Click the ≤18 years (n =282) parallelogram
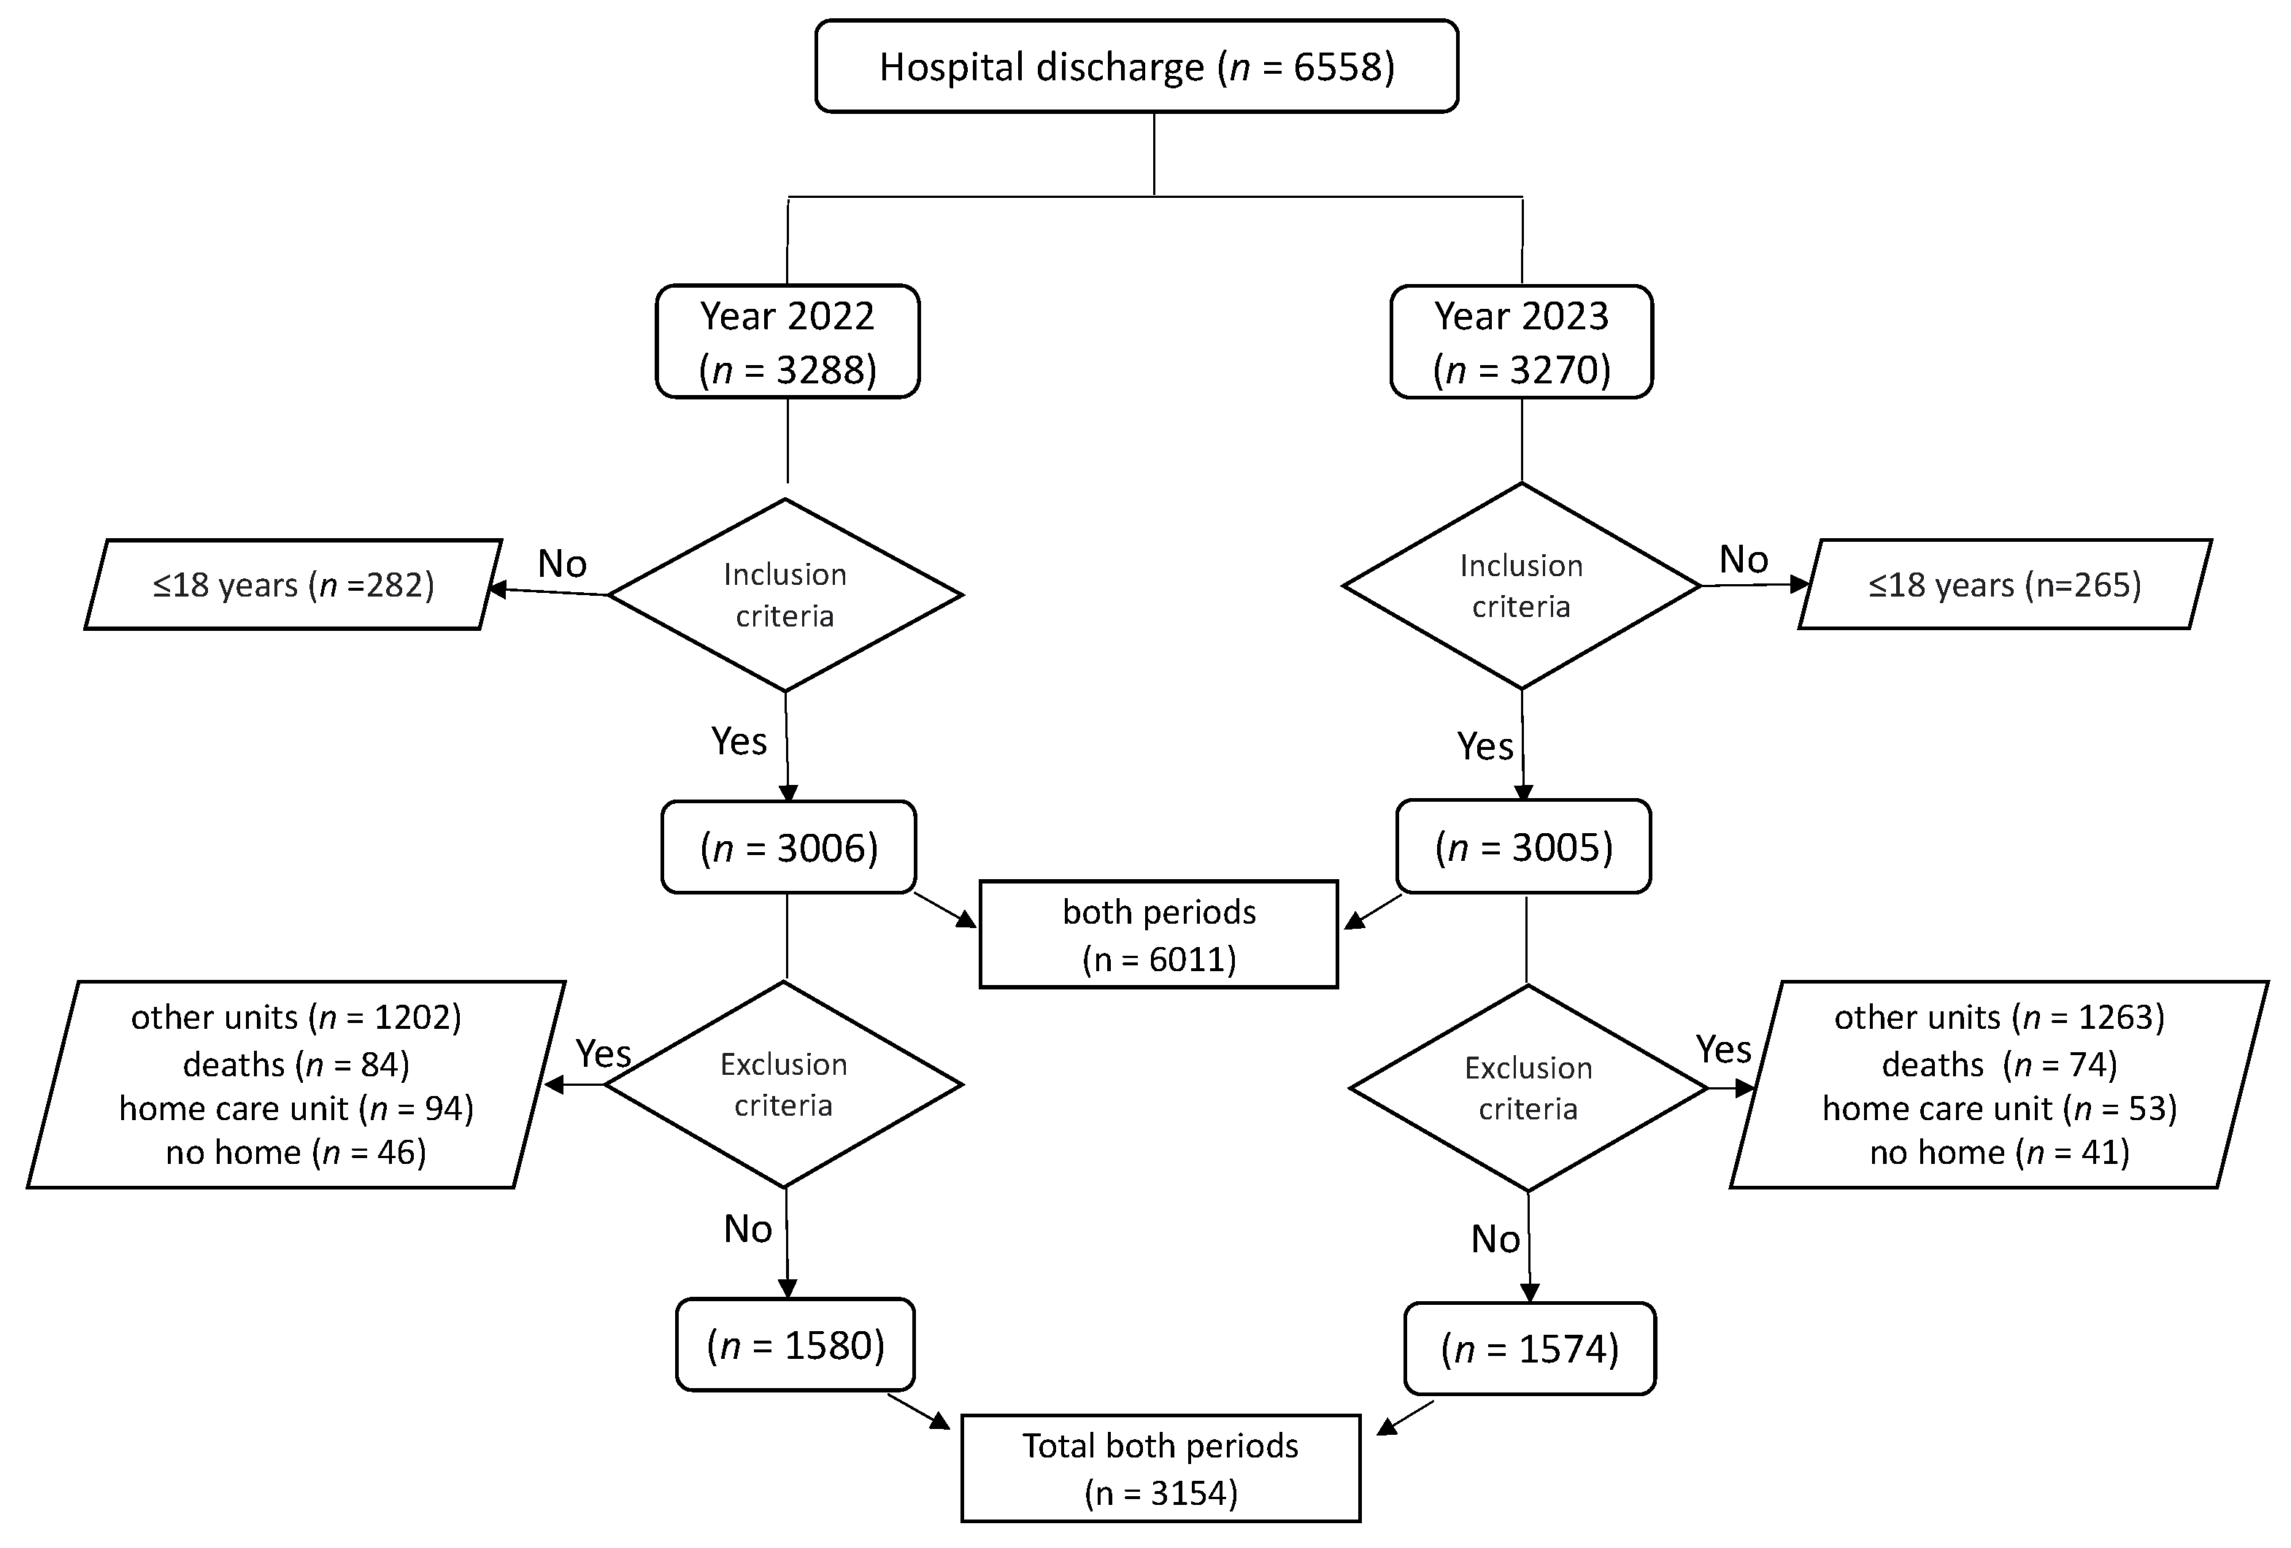[x=293, y=585]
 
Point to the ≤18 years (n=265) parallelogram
[x=2004, y=585]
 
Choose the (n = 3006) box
[x=789, y=848]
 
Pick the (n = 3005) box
[x=1523, y=847]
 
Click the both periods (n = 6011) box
[x=1158, y=935]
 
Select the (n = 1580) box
[x=795, y=1345]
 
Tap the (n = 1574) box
[x=1529, y=1349]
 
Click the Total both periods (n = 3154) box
[x=1160, y=1469]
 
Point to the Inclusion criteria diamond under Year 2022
[x=785, y=594]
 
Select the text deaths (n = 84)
[x=296, y=1065]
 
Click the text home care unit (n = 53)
[x=1999, y=1108]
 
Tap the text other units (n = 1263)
[x=1999, y=1018]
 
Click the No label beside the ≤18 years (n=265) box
[x=1743, y=560]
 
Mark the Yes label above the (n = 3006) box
[x=739, y=740]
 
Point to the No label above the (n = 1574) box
[x=1495, y=1239]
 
